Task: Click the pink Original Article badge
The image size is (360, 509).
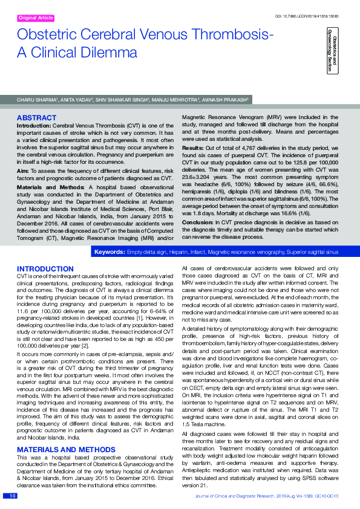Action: coord(36,19)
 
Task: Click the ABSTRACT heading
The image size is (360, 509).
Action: coord(37,117)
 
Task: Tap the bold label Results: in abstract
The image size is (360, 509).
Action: coord(193,148)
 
